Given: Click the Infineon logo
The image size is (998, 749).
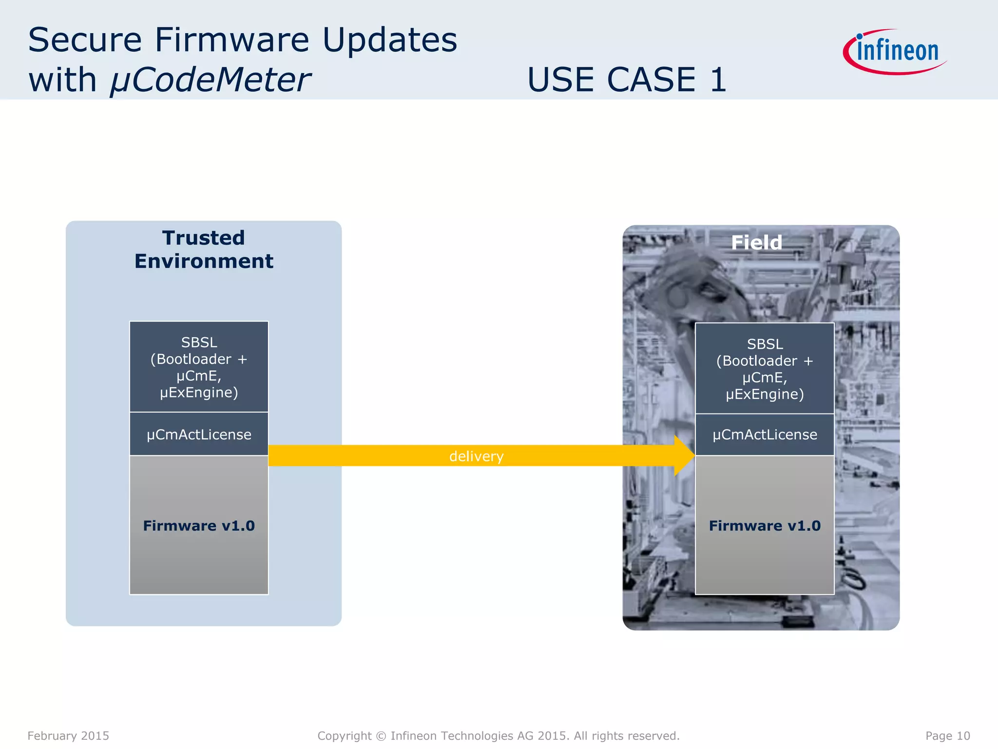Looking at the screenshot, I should pyautogui.click(x=896, y=52).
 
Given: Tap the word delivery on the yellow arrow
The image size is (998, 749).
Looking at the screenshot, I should pyautogui.click(x=476, y=456).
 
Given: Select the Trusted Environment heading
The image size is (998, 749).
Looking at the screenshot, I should pyautogui.click(x=204, y=250).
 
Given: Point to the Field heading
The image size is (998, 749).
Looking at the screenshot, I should pyautogui.click(x=756, y=242).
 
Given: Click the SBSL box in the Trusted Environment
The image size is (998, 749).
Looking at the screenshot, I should pyautogui.click(x=199, y=367).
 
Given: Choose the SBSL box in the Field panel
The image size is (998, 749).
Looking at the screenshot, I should pyautogui.click(x=765, y=369).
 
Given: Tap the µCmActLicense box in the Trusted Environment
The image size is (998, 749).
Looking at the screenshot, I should pyautogui.click(x=199, y=434).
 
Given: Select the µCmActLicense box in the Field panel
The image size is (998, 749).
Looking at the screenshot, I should pyautogui.click(x=765, y=434).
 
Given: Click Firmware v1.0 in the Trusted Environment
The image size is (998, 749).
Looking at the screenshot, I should pyautogui.click(x=199, y=526).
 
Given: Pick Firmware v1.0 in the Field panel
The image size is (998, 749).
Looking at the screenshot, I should pyautogui.click(x=765, y=526).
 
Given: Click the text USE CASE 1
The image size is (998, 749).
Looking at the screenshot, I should pyautogui.click(x=627, y=79).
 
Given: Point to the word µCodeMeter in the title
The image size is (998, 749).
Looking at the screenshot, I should pyautogui.click(x=210, y=79).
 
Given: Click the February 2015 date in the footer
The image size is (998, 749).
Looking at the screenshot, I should pyautogui.click(x=68, y=736).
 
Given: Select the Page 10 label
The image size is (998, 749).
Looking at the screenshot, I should pyautogui.click(x=947, y=736).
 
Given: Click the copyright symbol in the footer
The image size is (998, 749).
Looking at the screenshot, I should pyautogui.click(x=381, y=736).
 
